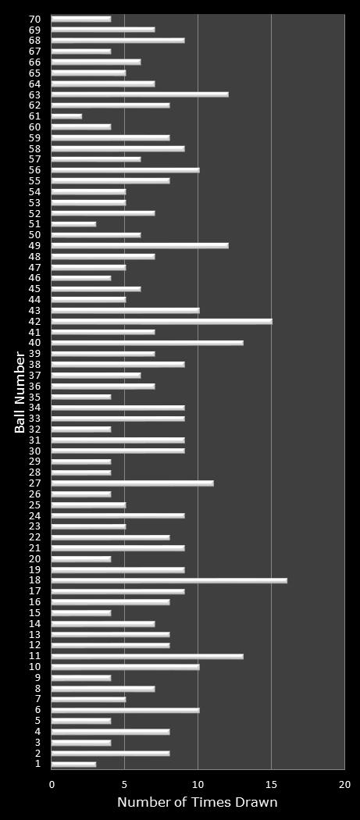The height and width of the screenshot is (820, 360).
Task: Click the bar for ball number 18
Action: [169, 580]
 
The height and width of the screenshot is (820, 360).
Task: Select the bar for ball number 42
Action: [162, 321]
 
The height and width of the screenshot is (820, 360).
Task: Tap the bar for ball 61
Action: [66, 116]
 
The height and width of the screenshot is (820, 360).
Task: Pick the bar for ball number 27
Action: [132, 483]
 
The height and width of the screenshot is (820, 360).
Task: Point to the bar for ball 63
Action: [140, 94]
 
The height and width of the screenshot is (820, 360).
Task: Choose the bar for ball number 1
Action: [73, 764]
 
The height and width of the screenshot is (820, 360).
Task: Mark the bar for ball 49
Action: [140, 245]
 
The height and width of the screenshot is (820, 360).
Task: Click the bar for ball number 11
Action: [147, 656]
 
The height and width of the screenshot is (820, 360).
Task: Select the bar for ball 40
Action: [147, 343]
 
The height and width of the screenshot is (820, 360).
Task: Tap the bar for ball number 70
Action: [81, 19]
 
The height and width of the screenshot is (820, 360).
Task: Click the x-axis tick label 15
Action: [271, 784]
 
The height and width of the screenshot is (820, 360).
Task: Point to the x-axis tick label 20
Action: [344, 784]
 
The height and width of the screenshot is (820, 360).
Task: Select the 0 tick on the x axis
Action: [52, 784]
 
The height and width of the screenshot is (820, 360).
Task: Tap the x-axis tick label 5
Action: [125, 784]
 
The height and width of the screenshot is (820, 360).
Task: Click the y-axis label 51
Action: [35, 224]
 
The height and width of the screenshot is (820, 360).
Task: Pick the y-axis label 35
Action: [35, 397]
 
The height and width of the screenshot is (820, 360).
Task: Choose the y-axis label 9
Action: [37, 677]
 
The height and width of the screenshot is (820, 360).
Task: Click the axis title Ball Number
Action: [20, 391]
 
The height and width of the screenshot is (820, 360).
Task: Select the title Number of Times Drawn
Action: [198, 803]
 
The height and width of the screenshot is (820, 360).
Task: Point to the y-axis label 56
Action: [35, 170]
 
